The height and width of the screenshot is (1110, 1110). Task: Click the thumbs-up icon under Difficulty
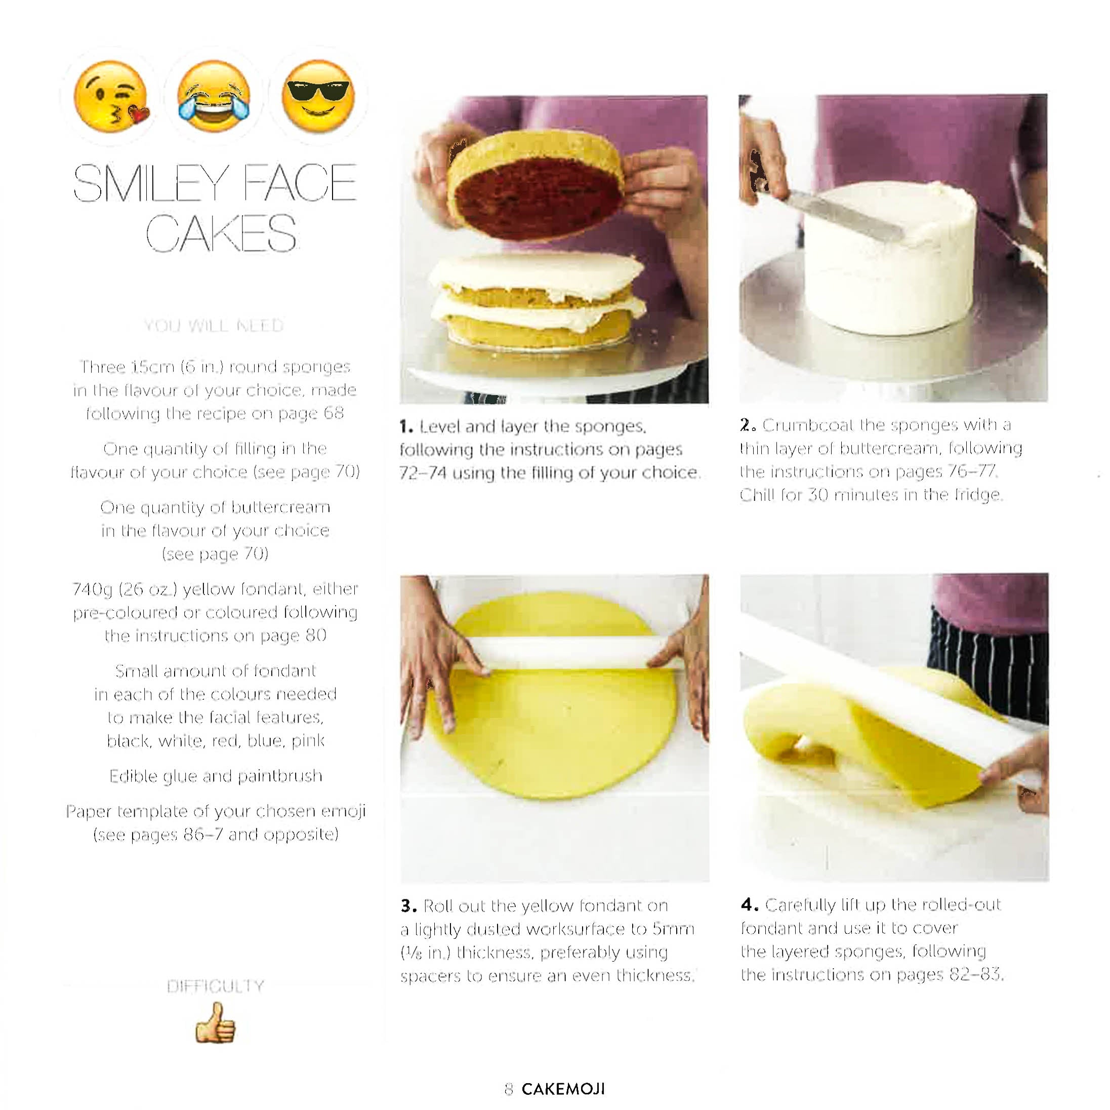pos(216,1023)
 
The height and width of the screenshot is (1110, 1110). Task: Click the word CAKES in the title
pos(221,233)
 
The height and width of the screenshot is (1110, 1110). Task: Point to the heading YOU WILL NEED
pos(214,326)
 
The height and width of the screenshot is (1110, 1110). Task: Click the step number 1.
pos(405,426)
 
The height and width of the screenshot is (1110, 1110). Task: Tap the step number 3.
pos(407,906)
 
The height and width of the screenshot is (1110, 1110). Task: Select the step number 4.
pos(749,905)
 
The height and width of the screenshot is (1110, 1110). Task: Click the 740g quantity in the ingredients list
pos(92,589)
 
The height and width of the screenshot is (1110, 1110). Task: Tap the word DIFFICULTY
pos(216,986)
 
